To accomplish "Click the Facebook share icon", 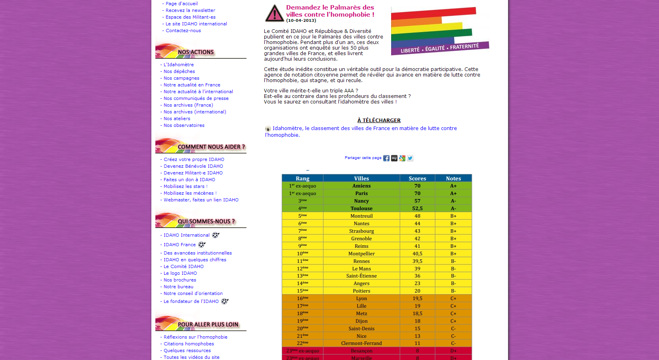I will pyautogui.click(x=386, y=158).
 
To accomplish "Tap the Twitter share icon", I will pyautogui.click(x=410, y=158).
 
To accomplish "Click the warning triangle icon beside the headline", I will pyautogui.click(x=274, y=13).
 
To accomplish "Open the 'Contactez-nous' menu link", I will pyautogui.click(x=183, y=31).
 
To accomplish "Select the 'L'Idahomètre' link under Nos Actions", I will pyautogui.click(x=179, y=65).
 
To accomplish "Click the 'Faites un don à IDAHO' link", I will pyautogui.click(x=189, y=180).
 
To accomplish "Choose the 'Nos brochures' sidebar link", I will pyautogui.click(x=180, y=280).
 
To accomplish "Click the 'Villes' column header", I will pyautogui.click(x=361, y=178).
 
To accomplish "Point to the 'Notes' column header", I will pyautogui.click(x=453, y=178).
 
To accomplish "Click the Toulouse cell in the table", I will pyautogui.click(x=361, y=209).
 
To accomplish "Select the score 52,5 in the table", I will pyautogui.click(x=417, y=209).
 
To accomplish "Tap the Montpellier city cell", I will pyautogui.click(x=361, y=254).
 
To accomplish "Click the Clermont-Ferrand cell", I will pyautogui.click(x=361, y=343).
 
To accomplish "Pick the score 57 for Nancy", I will pyautogui.click(x=417, y=201).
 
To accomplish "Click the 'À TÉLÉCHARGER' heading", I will pyautogui.click(x=379, y=120).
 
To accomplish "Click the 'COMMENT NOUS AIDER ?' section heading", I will pyautogui.click(x=211, y=147).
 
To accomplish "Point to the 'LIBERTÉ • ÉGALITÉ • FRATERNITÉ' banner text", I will pyautogui.click(x=440, y=48).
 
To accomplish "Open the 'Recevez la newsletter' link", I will pyautogui.click(x=190, y=10).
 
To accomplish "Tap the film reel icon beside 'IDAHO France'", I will pyautogui.click(x=202, y=245).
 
